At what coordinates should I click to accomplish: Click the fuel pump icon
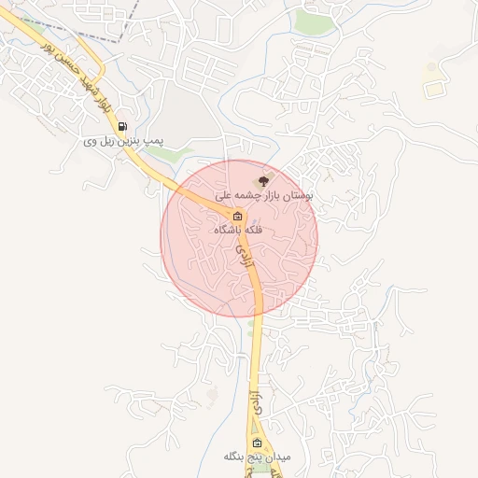(123, 126)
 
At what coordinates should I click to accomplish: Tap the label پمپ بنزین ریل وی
(123, 141)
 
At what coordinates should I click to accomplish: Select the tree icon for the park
(263, 180)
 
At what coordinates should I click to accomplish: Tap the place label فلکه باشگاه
(238, 230)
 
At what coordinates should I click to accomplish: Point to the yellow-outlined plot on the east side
(432, 90)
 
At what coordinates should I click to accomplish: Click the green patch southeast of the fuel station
(180, 150)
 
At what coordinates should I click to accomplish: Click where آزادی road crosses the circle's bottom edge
(258, 316)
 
